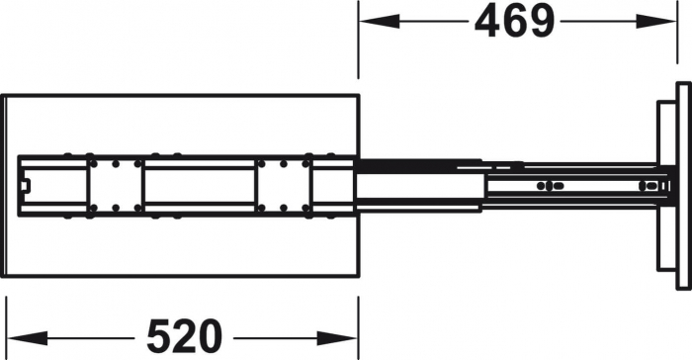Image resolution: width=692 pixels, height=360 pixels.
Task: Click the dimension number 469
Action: (513, 21)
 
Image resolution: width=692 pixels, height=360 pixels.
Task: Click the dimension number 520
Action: (184, 336)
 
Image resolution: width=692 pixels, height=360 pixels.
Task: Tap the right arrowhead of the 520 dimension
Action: (347, 336)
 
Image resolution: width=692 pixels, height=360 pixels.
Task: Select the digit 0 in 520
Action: (210, 336)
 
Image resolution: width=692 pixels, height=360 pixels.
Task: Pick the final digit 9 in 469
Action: (540, 21)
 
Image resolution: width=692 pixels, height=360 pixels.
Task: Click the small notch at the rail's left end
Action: (27, 183)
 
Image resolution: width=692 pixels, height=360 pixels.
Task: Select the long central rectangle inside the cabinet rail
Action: (198, 183)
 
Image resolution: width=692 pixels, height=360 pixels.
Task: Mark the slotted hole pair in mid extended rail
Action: (546, 185)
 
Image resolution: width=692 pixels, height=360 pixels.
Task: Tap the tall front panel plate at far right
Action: (681, 183)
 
